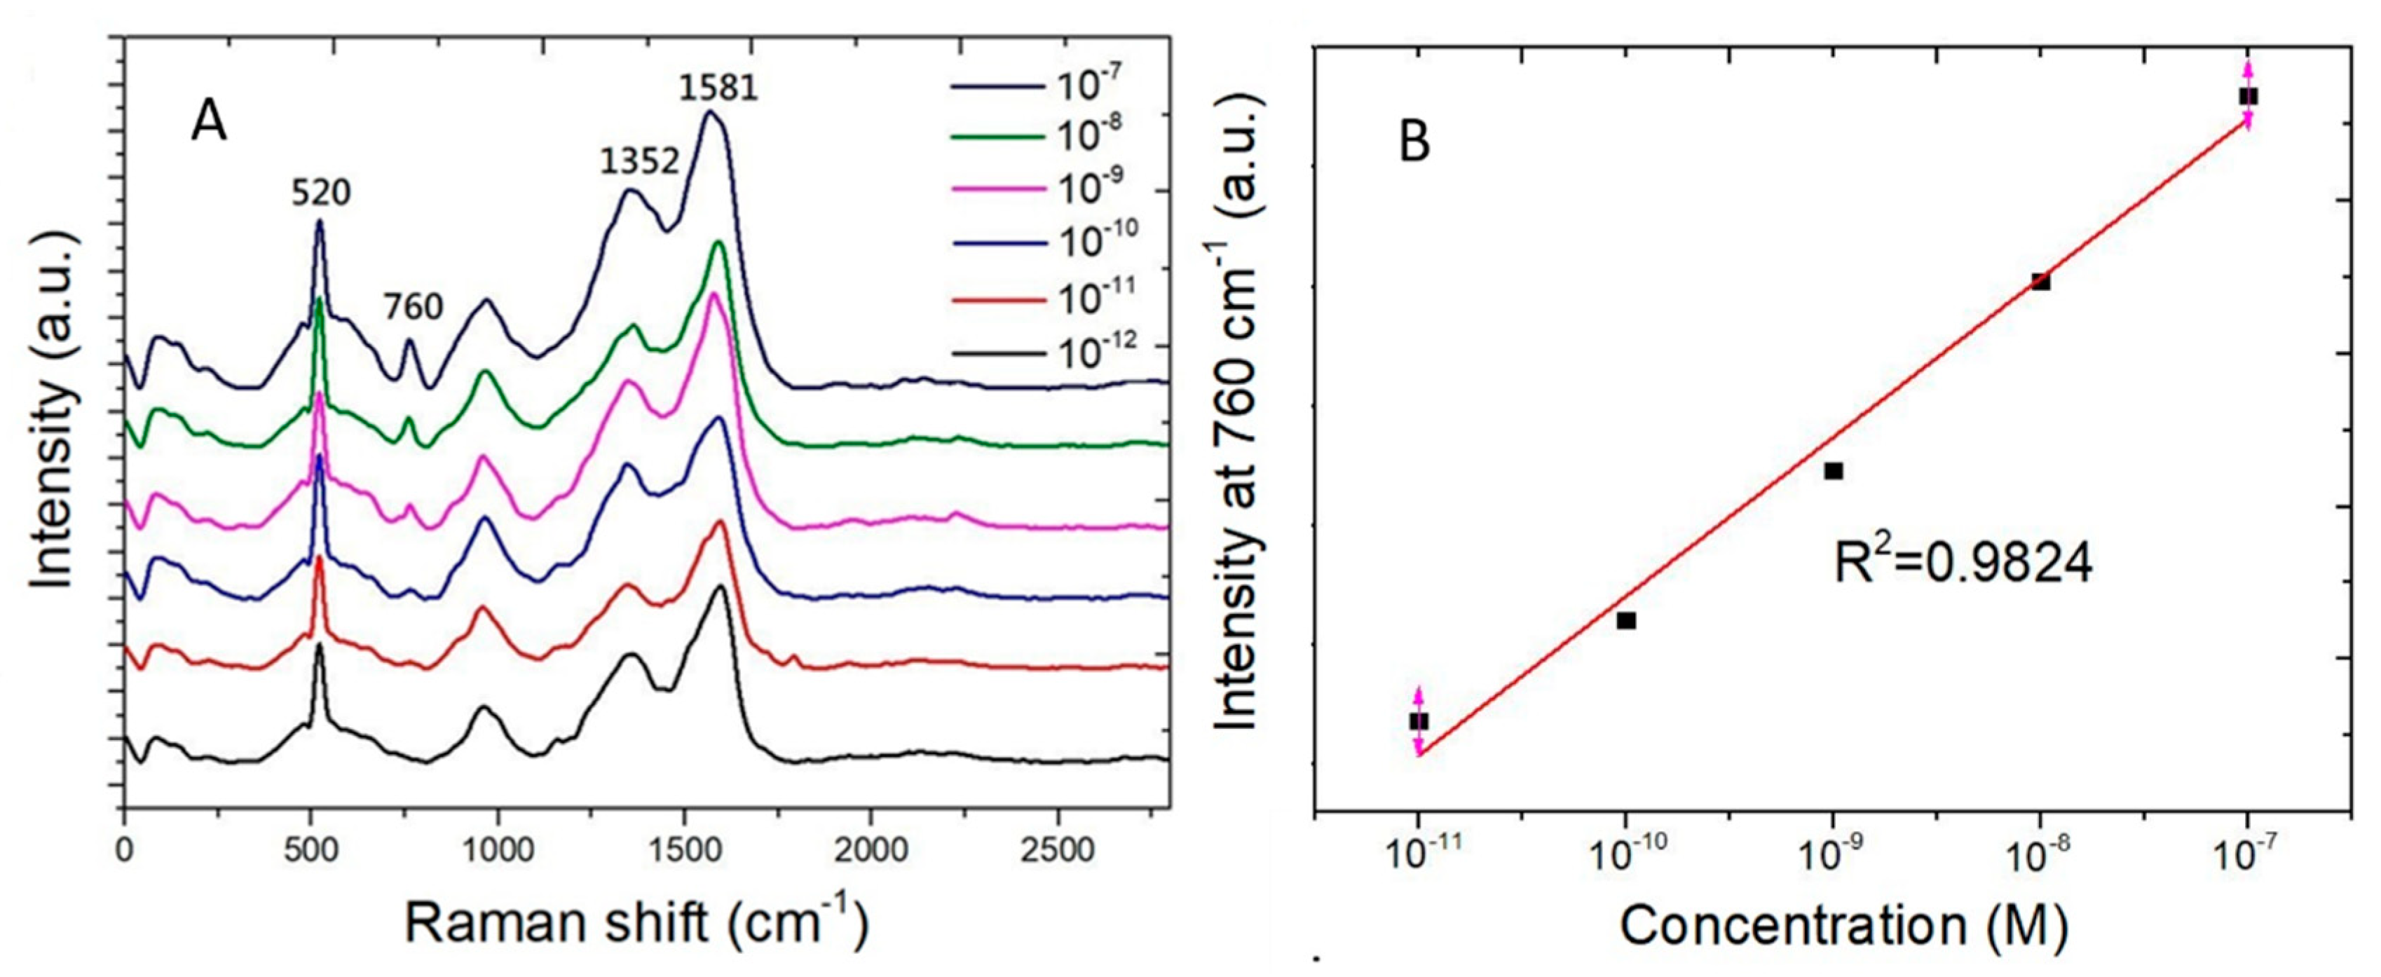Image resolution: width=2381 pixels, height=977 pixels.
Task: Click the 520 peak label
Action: click(x=322, y=193)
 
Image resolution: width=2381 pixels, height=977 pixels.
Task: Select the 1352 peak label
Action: click(x=640, y=162)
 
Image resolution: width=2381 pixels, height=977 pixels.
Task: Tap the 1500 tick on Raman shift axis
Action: click(x=684, y=849)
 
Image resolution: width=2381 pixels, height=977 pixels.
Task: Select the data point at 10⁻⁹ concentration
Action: click(x=1834, y=472)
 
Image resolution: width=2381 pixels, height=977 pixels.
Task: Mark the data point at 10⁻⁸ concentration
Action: click(x=2041, y=282)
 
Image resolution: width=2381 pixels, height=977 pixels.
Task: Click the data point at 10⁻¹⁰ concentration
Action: click(x=1627, y=620)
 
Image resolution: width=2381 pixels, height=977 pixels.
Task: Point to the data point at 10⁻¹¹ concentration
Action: click(x=1419, y=721)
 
